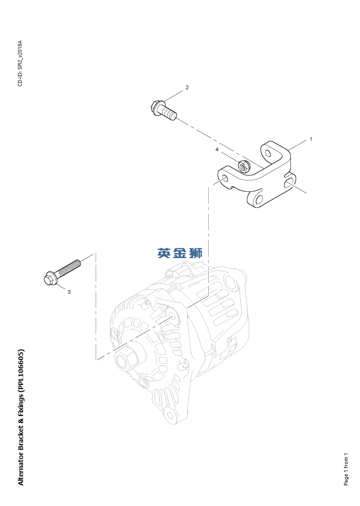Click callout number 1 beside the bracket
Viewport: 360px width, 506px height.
click(x=311, y=139)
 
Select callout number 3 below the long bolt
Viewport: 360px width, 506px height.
click(x=69, y=292)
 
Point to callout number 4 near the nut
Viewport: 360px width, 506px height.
click(x=217, y=149)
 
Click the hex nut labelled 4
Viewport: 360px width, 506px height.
click(x=244, y=165)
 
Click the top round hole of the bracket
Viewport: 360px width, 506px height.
click(x=268, y=153)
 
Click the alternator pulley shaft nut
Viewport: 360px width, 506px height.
click(x=124, y=361)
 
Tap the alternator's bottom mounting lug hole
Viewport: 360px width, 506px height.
click(x=171, y=416)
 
